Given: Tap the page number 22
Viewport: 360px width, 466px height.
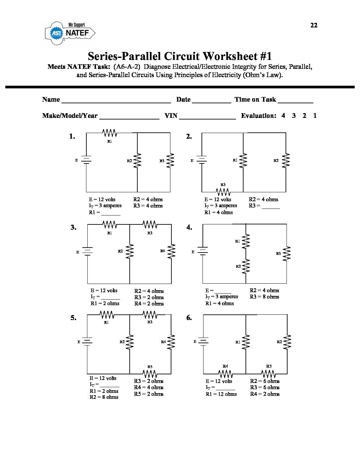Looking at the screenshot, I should (x=314, y=25).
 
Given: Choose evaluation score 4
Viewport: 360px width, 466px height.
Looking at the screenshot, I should (x=283, y=116).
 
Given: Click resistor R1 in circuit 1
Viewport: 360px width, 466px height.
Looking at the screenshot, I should (x=110, y=133).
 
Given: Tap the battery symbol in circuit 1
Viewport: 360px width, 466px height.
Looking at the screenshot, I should (x=86, y=160).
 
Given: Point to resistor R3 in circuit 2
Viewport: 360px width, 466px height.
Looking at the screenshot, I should (x=223, y=192).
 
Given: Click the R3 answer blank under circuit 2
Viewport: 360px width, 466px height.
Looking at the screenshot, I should (x=271, y=207).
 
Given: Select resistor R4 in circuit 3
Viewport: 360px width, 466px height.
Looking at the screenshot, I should (x=171, y=252).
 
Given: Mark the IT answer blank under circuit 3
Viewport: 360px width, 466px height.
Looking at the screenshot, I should (x=110, y=298).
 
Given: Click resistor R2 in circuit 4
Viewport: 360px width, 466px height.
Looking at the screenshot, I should (x=246, y=266).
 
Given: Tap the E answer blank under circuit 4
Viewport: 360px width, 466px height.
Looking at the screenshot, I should (x=223, y=291).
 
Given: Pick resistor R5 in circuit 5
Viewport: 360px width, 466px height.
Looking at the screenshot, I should (x=150, y=374).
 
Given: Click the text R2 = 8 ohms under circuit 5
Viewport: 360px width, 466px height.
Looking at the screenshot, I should (x=104, y=397).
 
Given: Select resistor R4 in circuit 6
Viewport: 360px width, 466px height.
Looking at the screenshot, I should (x=225, y=374).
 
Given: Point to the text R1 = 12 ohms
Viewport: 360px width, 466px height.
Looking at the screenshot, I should (x=221, y=394).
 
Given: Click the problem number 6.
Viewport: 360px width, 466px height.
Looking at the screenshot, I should (x=189, y=318).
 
